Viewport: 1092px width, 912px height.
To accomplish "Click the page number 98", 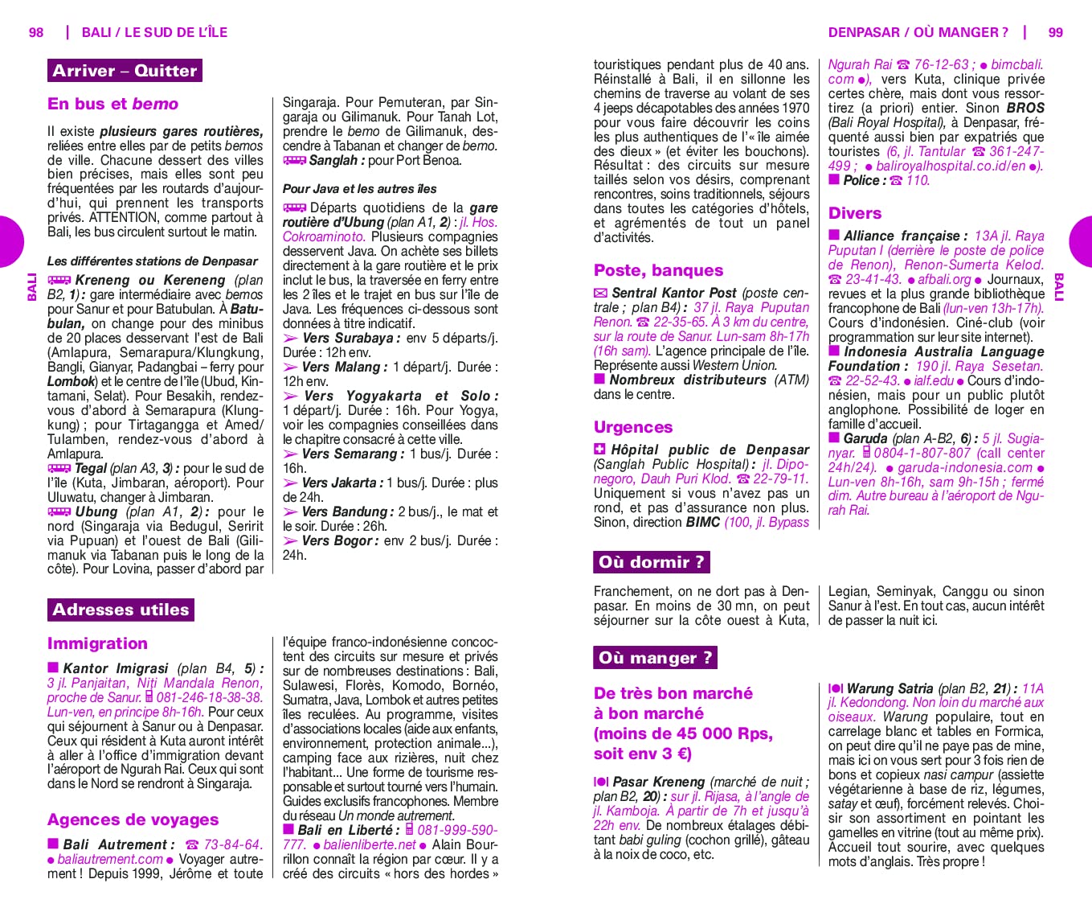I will coord(36,33).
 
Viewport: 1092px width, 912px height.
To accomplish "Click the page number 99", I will coord(1055,33).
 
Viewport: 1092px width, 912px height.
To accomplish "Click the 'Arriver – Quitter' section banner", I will coord(125,71).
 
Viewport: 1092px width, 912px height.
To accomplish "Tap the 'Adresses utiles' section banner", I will coord(121,610).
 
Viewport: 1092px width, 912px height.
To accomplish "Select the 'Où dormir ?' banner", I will coord(651,562).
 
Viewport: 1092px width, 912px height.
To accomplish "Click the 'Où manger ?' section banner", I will coord(655,658).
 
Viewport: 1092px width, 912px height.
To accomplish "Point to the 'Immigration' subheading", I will coord(97,643).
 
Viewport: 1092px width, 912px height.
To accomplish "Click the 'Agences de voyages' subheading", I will coord(133,820).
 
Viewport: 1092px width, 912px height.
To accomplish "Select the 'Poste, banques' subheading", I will coord(658,270).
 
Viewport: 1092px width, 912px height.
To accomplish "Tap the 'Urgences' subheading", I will coord(633,427).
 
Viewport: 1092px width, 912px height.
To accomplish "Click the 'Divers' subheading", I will coord(855,213).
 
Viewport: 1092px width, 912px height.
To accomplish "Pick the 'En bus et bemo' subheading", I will coord(112,104).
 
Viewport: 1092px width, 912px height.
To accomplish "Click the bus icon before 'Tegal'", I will coord(59,468).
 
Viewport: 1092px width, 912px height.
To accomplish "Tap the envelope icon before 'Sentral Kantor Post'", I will coord(600,294).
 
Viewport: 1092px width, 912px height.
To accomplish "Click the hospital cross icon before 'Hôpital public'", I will coord(599,450).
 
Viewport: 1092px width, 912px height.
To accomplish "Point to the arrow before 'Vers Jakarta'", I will coord(290,483).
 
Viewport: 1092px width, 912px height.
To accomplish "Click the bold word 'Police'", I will coord(861,180).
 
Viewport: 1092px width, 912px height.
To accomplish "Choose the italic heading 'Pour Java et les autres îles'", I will coord(359,189).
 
